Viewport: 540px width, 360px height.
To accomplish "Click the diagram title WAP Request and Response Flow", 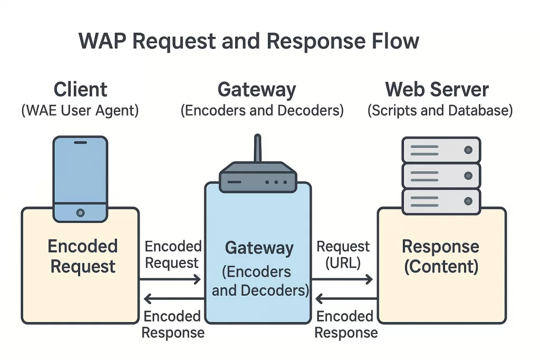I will point(249,41).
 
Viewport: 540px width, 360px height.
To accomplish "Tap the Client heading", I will point(80,89).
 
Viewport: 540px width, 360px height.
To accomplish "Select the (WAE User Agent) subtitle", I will point(80,111).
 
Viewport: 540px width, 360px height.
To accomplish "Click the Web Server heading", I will point(437,89).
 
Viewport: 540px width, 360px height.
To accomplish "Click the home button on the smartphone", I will point(80,212).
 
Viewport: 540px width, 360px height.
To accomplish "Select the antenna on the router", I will point(257,149).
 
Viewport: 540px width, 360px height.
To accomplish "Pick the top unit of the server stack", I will point(441,150).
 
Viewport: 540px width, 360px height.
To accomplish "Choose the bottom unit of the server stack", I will point(441,201).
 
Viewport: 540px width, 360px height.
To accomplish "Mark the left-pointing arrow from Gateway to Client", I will point(171,299).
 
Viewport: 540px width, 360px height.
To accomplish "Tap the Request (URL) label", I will point(343,255).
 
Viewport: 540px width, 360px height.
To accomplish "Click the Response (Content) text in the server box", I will point(441,256).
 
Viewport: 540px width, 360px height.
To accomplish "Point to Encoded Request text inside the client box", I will point(83,256).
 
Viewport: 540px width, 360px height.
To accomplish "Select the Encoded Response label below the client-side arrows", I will point(172,324).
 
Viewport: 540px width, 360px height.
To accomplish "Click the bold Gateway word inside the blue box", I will point(259,248).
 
